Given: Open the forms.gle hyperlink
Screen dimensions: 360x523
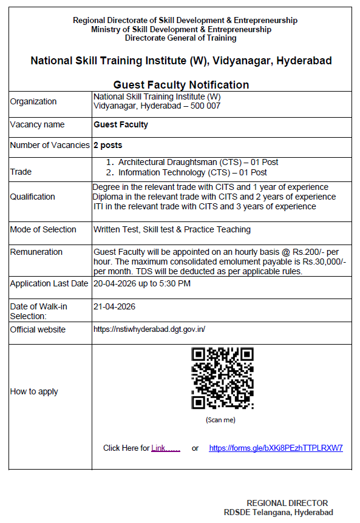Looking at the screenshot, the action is pos(276,448).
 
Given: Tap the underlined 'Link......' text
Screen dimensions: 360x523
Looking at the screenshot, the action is pos(166,448).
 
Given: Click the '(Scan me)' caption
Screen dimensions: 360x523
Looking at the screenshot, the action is pos(220,420).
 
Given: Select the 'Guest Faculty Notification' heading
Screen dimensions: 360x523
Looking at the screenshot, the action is pos(181,85).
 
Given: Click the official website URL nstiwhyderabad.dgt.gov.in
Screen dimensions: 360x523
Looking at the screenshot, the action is pos(149,329).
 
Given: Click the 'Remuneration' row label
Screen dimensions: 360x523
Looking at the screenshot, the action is pos(36,252).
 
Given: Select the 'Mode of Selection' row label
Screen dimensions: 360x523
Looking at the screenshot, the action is pos(43,229).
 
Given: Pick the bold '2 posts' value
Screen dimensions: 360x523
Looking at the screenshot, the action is pos(107,146).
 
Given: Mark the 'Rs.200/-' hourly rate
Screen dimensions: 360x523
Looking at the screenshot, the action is pos(313,252).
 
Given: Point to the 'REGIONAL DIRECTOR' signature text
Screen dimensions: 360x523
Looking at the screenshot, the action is pos(287,503).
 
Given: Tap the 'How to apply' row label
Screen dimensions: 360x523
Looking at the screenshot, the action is pos(34,391).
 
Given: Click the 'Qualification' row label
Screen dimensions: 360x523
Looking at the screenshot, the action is pos(32,197).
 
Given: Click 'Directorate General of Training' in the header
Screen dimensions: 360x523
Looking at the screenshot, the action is pos(180,38).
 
